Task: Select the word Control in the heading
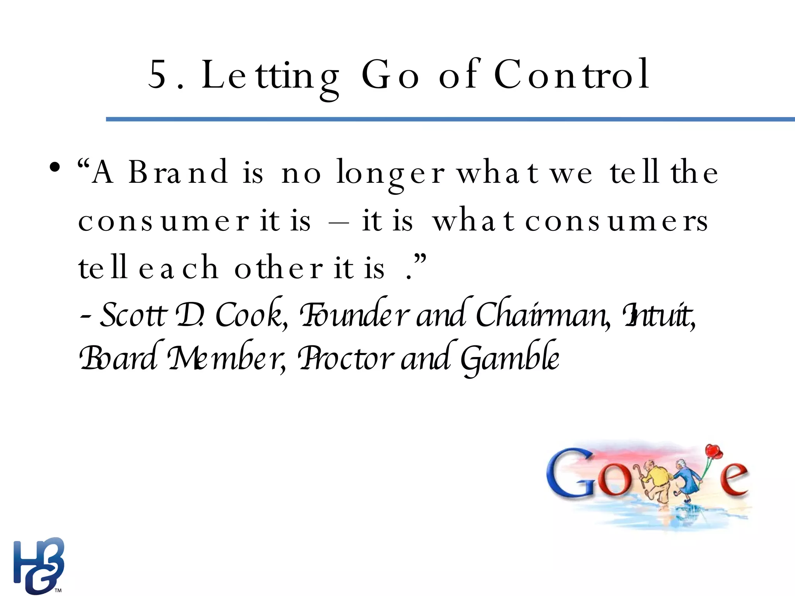coord(571,74)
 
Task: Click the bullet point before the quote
coord(55,168)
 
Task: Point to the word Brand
coord(178,172)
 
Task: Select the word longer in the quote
coord(390,174)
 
